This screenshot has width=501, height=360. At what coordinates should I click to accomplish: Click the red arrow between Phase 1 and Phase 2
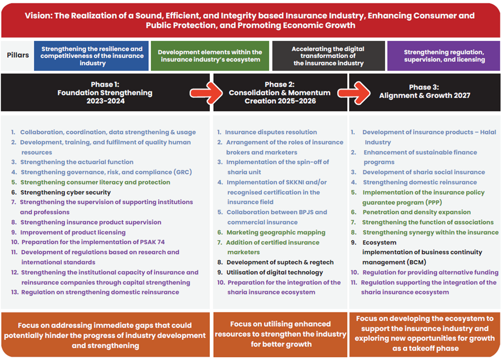click(x=206, y=93)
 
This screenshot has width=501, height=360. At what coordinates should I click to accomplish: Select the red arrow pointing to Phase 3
click(x=354, y=93)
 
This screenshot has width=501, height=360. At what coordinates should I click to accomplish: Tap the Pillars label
click(x=18, y=55)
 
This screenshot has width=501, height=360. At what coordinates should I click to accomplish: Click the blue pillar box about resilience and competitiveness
click(x=91, y=56)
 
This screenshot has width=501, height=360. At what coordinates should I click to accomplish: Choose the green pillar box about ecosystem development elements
click(x=210, y=56)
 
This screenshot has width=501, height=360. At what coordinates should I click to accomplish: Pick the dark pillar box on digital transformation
click(x=329, y=56)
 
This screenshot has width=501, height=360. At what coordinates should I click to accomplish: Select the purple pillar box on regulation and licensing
click(x=444, y=56)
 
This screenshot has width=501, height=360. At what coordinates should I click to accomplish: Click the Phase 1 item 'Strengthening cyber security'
click(x=66, y=192)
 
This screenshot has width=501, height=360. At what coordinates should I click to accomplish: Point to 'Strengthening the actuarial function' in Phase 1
click(x=77, y=162)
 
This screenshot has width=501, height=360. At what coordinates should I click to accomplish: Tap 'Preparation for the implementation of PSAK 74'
click(x=93, y=242)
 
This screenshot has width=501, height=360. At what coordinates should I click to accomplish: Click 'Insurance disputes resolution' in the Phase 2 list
click(x=271, y=132)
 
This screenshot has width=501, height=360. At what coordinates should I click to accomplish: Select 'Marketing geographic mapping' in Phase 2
click(x=276, y=232)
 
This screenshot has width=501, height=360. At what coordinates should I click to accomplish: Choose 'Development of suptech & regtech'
click(x=280, y=262)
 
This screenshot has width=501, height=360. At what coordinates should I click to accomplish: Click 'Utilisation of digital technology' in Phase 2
click(x=275, y=272)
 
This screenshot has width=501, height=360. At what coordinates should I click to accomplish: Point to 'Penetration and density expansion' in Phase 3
click(x=416, y=212)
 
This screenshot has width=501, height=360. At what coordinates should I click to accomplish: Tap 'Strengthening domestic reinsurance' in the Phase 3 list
click(x=420, y=182)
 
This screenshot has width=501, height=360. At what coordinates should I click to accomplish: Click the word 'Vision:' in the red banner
click(x=39, y=15)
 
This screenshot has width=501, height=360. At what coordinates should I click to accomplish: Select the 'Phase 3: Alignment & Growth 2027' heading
click(x=425, y=91)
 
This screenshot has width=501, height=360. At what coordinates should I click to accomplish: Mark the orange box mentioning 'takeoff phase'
click(x=425, y=335)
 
